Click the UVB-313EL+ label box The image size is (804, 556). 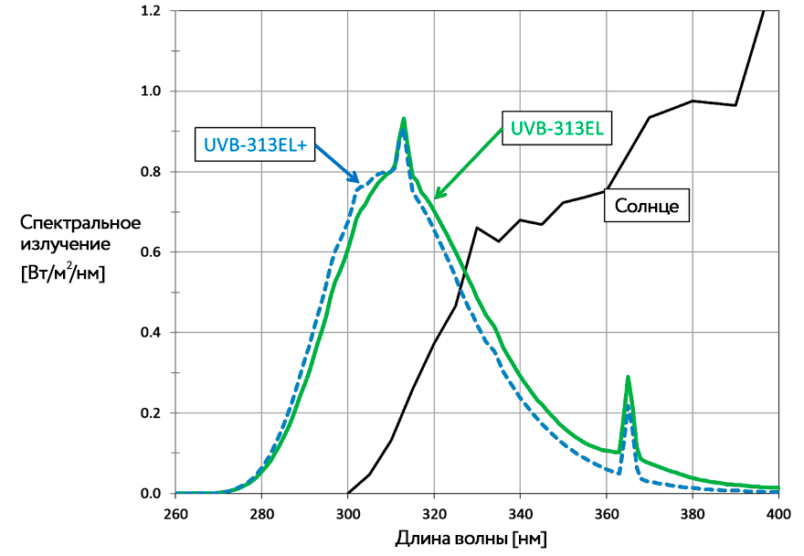point(255,145)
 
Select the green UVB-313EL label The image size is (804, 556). point(555,129)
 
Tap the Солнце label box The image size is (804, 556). point(646,207)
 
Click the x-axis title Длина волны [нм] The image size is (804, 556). point(471,537)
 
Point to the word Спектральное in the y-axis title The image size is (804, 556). point(80,222)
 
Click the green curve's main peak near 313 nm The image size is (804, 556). point(403,119)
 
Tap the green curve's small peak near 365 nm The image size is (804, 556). point(628,377)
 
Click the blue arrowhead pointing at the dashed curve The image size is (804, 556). point(359,181)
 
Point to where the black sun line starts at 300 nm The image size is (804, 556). point(348,493)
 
